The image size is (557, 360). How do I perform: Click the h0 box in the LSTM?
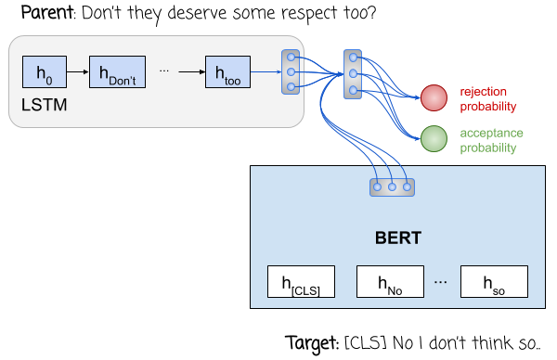coord(39,72)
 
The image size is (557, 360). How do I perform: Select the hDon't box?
coord(117,72)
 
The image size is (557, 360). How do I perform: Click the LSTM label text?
coord(44,106)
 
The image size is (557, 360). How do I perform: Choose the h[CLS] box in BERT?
coord(301,281)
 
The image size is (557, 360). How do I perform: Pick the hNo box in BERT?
coord(391,281)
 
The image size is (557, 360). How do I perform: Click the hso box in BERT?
coord(493,281)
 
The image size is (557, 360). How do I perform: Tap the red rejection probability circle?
coord(434,96)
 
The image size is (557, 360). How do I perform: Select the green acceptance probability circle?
coord(434,139)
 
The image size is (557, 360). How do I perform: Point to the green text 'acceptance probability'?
coord(488,140)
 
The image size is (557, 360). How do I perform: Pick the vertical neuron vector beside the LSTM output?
coord(291,72)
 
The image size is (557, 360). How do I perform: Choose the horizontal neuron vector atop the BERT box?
coord(392,186)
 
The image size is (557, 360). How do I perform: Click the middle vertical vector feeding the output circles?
coord(352,74)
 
